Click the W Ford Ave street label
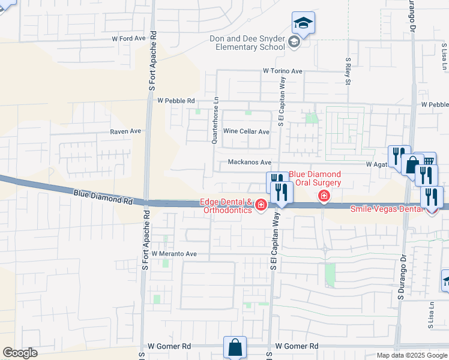pyautogui.click(x=129, y=38)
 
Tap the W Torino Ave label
pyautogui.click(x=282, y=71)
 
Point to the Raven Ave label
pyautogui.click(x=125, y=131)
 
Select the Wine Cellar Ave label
pyautogui.click(x=246, y=131)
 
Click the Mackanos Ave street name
pyautogui.click(x=250, y=163)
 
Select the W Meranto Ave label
pyautogui.click(x=174, y=254)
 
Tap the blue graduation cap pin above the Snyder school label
pyautogui.click(x=303, y=23)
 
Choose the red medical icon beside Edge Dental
pyautogui.click(x=261, y=206)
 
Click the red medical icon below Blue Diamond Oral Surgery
pyautogui.click(x=324, y=196)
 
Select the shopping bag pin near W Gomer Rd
pyautogui.click(x=235, y=347)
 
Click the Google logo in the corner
pyautogui.click(x=20, y=353)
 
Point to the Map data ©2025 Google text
pyautogui.click(x=412, y=355)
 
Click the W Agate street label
pyautogui.click(x=376, y=164)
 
